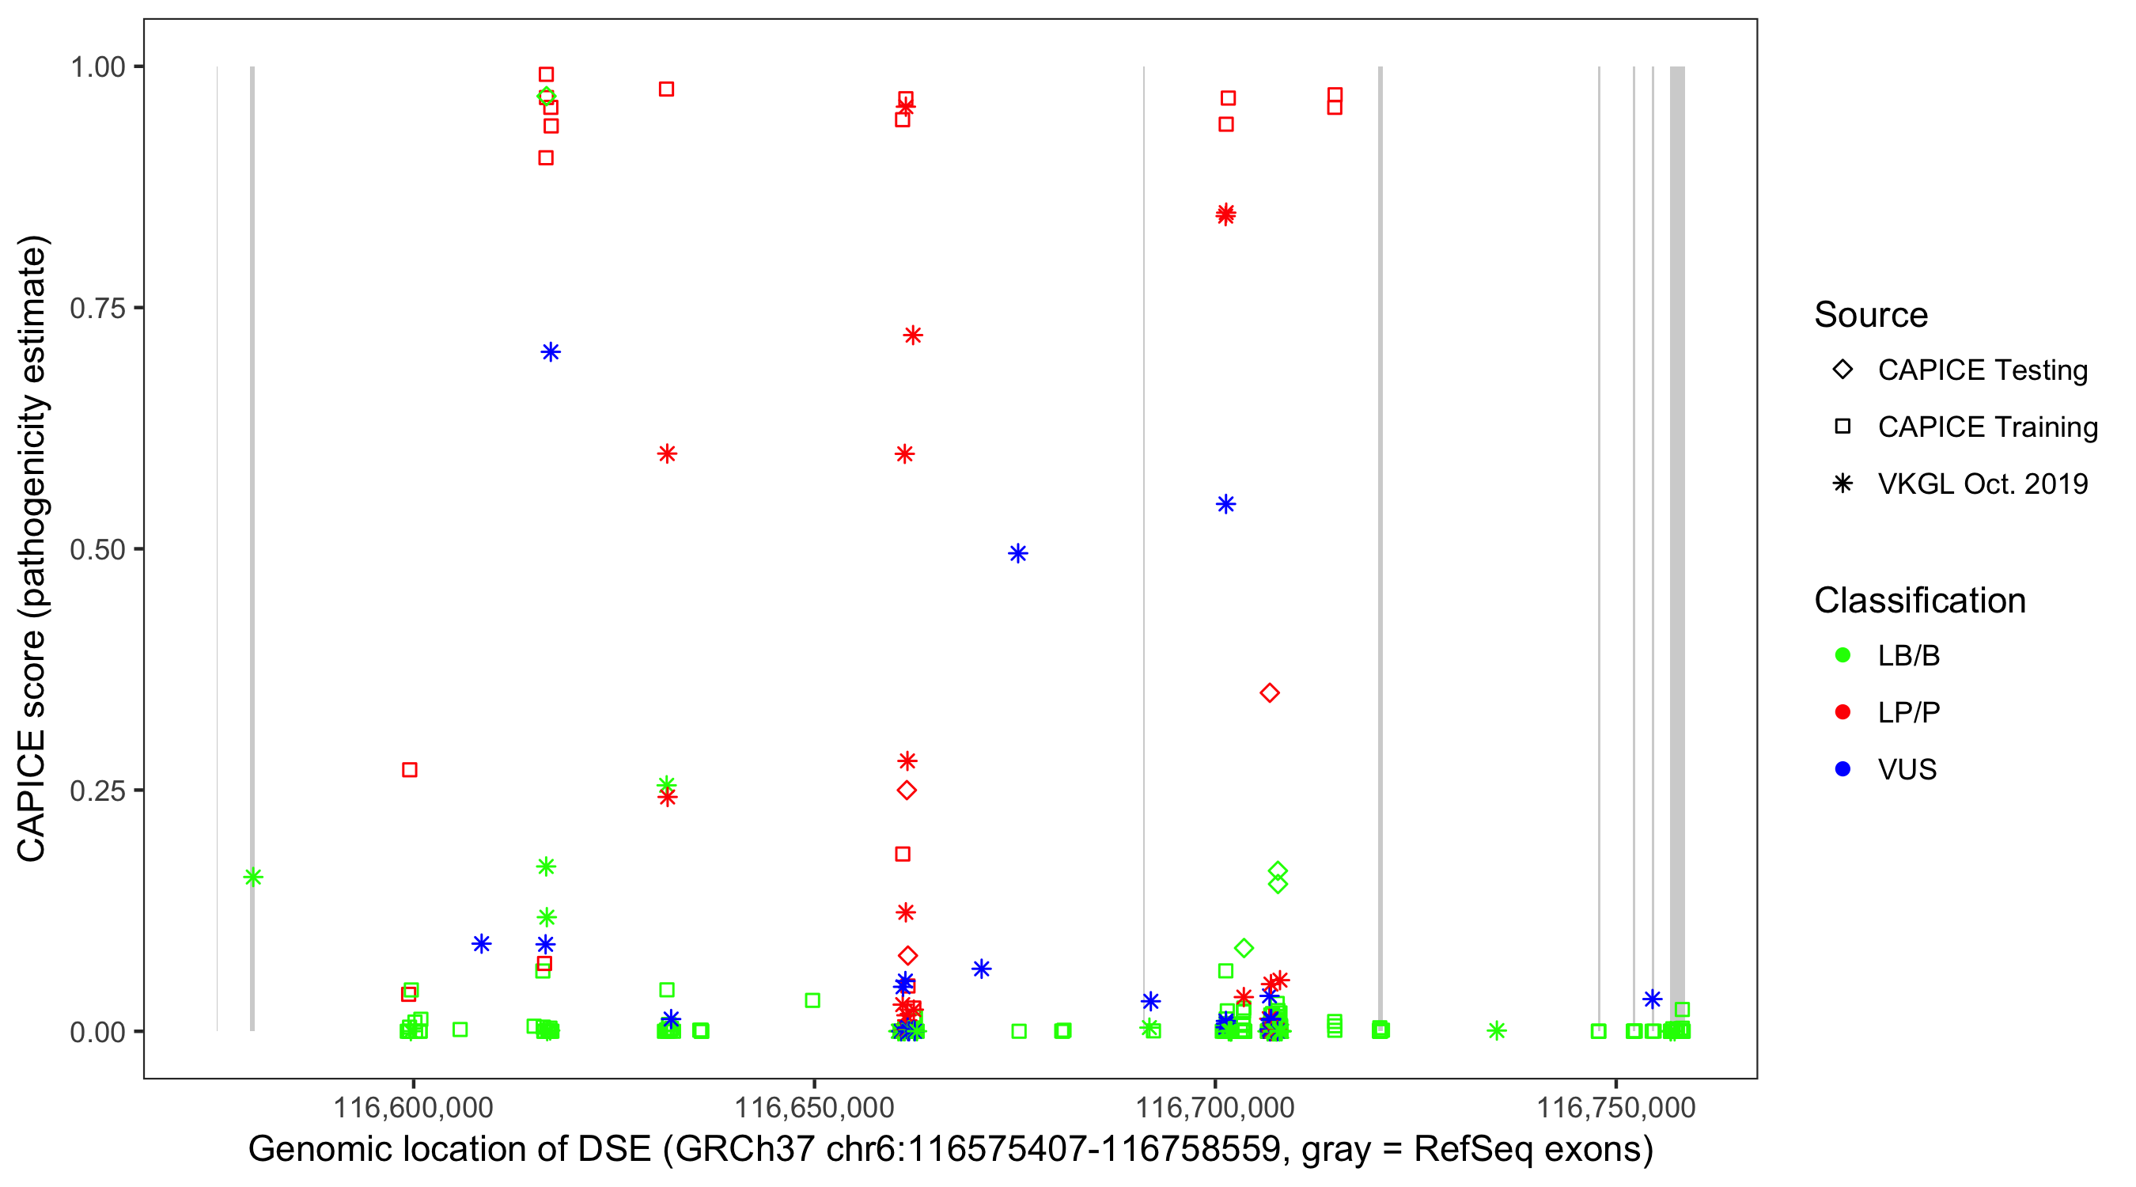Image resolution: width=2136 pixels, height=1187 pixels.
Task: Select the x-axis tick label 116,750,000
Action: click(x=1615, y=1107)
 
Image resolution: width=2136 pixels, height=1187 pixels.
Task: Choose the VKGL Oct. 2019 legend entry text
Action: click(x=1982, y=484)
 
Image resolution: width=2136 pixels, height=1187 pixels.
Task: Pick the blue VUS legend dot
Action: click(x=1842, y=770)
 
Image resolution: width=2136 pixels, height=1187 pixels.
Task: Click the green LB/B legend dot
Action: click(x=1842, y=656)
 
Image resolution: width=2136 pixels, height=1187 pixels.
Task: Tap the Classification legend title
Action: click(x=1918, y=601)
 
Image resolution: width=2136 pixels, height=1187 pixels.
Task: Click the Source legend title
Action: click(x=1870, y=315)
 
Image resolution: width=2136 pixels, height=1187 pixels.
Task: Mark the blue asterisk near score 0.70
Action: click(x=551, y=352)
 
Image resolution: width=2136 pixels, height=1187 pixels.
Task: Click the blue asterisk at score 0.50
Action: click(x=1018, y=553)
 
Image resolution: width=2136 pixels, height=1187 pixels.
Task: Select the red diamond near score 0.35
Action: click(x=1270, y=692)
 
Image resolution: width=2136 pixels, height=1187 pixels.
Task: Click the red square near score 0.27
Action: click(x=410, y=770)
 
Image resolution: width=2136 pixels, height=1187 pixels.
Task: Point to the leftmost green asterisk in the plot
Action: click(x=253, y=877)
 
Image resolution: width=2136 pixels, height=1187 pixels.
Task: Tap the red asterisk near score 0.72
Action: click(x=912, y=335)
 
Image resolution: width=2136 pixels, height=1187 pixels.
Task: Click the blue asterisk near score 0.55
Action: click(x=1225, y=504)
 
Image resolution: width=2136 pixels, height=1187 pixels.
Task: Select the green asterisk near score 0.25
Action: click(x=666, y=784)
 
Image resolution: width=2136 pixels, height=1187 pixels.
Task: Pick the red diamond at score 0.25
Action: click(x=907, y=791)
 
